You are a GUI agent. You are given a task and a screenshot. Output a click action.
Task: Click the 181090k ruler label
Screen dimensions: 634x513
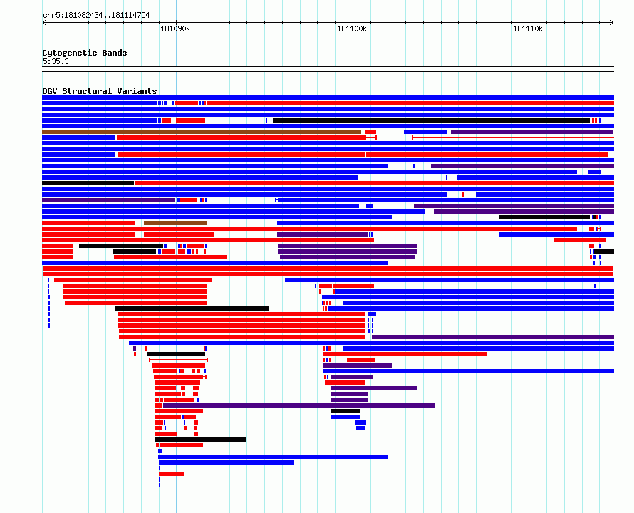click(175, 28)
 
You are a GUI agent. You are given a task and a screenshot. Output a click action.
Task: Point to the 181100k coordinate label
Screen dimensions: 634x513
click(352, 28)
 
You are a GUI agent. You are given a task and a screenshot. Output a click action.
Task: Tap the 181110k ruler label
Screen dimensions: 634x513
click(528, 28)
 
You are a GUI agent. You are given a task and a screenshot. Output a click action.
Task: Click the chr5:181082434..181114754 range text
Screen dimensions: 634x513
click(96, 16)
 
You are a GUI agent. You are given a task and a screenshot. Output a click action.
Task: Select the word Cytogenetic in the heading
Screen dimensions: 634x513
click(70, 53)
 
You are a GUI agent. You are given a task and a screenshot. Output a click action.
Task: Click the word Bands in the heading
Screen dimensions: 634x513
click(115, 53)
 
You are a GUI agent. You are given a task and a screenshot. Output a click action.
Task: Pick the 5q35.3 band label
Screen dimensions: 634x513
click(56, 61)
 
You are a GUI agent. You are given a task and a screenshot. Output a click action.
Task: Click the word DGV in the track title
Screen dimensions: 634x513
click(50, 91)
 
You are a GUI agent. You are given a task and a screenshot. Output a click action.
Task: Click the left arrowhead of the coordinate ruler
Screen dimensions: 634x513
click(43, 22)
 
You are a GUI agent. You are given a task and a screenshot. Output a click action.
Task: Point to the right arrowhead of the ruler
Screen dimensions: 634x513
click(612, 22)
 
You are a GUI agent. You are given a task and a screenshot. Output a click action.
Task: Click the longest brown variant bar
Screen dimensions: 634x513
click(202, 132)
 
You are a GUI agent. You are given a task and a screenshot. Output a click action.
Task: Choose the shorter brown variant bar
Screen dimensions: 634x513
click(175, 223)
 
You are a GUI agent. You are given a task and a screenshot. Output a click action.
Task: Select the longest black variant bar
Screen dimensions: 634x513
click(432, 120)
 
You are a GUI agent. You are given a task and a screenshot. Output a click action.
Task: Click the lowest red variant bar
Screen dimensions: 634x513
click(172, 474)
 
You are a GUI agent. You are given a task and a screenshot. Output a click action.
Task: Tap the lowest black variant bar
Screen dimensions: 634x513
click(201, 440)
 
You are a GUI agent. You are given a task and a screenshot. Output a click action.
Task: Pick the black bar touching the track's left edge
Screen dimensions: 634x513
click(88, 183)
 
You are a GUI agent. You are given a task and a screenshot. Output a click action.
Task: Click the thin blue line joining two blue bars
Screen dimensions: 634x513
click(402, 177)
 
